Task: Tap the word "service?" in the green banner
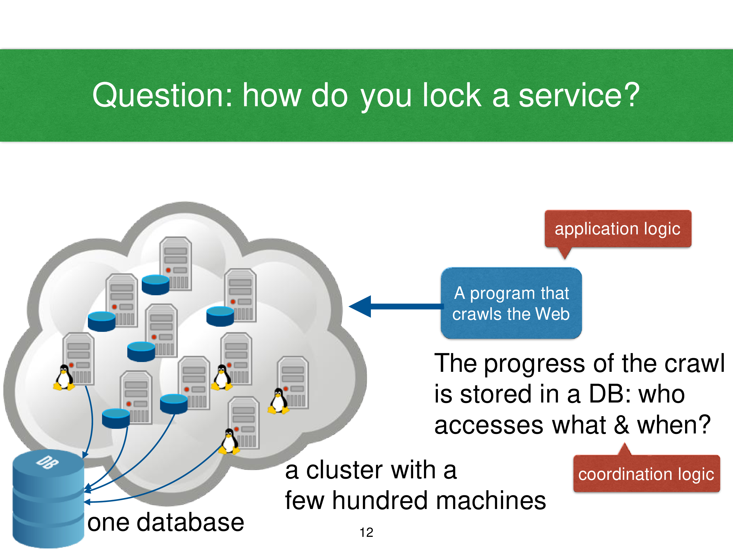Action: click(x=579, y=95)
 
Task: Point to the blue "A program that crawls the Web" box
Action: click(x=511, y=303)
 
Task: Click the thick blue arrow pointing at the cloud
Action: click(x=396, y=306)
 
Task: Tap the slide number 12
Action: click(x=366, y=532)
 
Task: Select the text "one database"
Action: click(x=166, y=522)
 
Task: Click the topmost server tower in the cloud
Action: click(x=176, y=264)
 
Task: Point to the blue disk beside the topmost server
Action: click(x=155, y=285)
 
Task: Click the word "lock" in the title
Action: click(x=452, y=95)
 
